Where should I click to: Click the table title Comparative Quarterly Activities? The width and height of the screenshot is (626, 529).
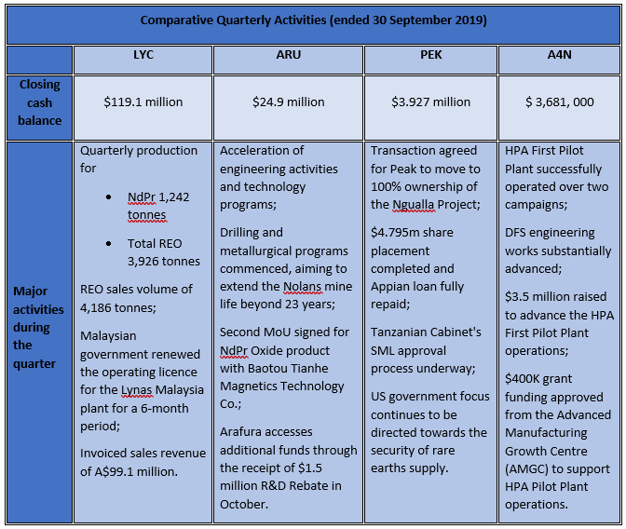pyautogui.click(x=313, y=20)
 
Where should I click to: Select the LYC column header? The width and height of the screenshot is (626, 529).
pyautogui.click(x=143, y=54)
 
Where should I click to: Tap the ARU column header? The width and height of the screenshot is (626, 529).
pyautogui.click(x=288, y=54)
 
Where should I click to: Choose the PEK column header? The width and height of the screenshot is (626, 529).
pyautogui.click(x=430, y=54)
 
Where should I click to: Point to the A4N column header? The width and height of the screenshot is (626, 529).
pyautogui.click(x=559, y=54)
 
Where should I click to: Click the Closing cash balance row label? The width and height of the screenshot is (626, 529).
pyautogui.click(x=39, y=102)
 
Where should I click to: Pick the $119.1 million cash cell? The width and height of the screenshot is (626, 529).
pyautogui.click(x=143, y=102)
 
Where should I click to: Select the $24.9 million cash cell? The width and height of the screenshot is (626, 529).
pyautogui.click(x=288, y=102)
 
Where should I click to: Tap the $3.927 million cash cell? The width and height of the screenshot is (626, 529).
pyautogui.click(x=430, y=102)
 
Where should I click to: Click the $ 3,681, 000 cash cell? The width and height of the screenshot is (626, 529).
pyautogui.click(x=559, y=102)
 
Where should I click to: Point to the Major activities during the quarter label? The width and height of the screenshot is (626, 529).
pyautogui.click(x=38, y=327)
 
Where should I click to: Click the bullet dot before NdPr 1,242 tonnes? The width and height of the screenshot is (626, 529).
pyautogui.click(x=109, y=197)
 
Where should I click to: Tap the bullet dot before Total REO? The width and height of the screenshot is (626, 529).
pyautogui.click(x=109, y=243)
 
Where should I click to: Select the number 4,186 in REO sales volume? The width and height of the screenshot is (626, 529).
pyautogui.click(x=95, y=308)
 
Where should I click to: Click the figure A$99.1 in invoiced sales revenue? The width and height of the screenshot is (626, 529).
pyautogui.click(x=112, y=471)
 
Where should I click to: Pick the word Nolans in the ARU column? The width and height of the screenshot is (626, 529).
pyautogui.click(x=302, y=287)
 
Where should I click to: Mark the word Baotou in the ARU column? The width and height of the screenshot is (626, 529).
pyautogui.click(x=265, y=368)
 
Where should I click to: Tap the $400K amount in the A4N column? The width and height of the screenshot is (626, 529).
pyautogui.click(x=523, y=378)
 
